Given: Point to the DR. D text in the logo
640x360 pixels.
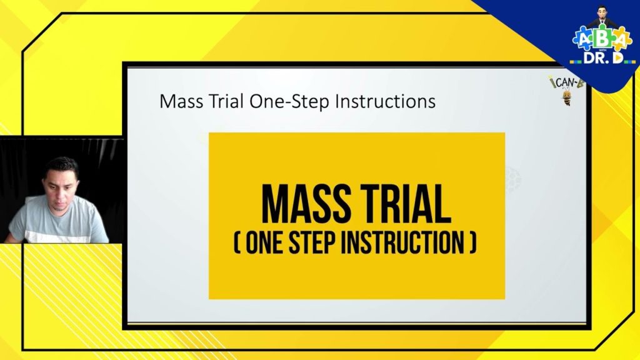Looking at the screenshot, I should coord(601,57).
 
